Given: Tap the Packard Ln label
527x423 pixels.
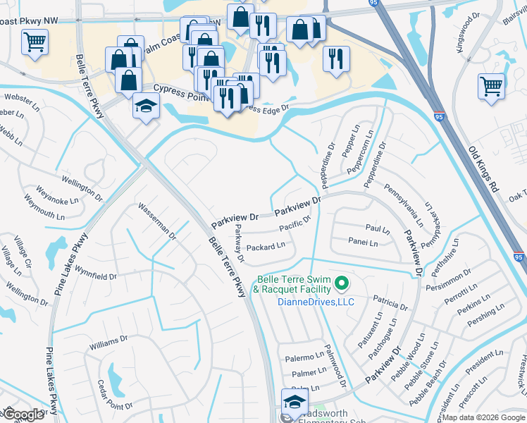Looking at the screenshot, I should pos(266,247).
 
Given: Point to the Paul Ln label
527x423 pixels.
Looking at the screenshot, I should pos(378,229).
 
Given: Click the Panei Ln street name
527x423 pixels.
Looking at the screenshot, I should pos(363,243).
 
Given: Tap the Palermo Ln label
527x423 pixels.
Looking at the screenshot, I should pos(304,359).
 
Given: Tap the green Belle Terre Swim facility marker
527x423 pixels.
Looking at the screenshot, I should pos(342,284).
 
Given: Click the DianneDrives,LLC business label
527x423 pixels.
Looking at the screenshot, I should pos(316,302).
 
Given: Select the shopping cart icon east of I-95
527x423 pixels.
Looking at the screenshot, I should pos(491,86).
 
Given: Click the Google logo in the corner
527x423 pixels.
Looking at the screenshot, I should pos(23,415).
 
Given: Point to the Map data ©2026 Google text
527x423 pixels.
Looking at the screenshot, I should pos(483,417).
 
